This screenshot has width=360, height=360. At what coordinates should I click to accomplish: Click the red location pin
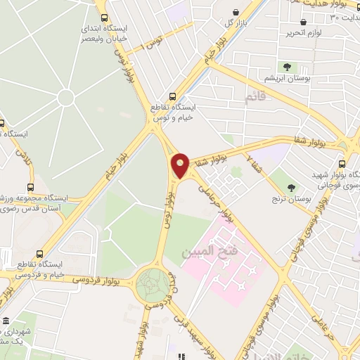(181, 165)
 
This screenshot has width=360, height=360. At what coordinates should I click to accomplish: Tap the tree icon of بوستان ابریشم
(288, 67)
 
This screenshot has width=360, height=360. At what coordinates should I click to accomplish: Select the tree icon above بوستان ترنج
(291, 187)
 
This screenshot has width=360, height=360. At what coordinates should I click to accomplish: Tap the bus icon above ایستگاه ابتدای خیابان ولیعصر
(104, 18)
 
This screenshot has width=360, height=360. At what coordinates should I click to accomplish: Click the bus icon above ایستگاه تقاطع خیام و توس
(172, 97)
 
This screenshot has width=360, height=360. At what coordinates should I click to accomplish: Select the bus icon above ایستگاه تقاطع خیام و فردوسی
(39, 253)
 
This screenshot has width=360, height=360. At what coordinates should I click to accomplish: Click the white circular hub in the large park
(65, 98)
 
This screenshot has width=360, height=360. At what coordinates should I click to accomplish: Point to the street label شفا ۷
(255, 165)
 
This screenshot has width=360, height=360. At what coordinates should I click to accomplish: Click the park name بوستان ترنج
(290, 198)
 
